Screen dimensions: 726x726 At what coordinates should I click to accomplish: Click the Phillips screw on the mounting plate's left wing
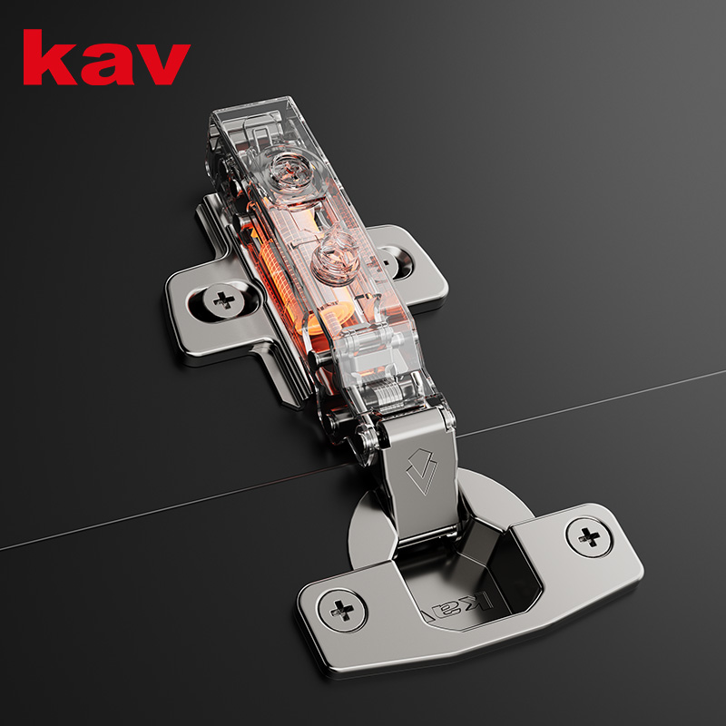click(x=224, y=301)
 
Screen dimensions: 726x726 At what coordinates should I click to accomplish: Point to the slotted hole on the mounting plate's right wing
click(x=395, y=262)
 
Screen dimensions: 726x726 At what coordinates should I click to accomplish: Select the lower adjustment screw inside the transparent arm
click(x=334, y=260)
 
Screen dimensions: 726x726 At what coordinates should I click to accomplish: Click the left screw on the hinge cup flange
click(x=342, y=610)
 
